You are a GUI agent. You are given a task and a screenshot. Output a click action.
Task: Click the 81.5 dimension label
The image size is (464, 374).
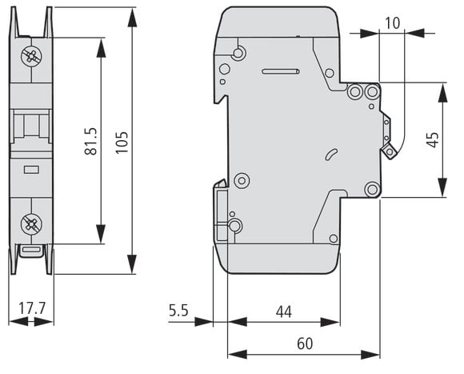coord(91,142)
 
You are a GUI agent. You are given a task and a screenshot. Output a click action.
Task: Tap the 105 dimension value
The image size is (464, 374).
coord(122,143)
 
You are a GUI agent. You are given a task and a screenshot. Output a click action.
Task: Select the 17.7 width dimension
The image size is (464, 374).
coord(32,308)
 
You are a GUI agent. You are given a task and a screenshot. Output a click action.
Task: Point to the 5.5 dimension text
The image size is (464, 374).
coord(178,311)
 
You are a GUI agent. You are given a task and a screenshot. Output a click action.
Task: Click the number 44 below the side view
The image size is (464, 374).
coord(284,312)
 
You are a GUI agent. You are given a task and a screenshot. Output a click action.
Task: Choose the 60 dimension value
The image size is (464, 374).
coord(305,344)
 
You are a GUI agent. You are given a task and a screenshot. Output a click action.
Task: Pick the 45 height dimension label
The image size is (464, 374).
coord(432,140)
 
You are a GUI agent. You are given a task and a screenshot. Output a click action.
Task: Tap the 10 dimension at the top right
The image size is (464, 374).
coord(393,23)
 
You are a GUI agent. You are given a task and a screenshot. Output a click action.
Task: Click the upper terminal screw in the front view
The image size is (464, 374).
coord(31,56)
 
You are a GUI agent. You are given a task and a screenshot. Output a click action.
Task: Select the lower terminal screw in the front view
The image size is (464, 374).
coord(31,224)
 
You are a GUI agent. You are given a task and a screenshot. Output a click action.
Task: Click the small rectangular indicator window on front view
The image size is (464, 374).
coord(31,170)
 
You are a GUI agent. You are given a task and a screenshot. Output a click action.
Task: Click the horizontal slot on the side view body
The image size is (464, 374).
coord(281,71)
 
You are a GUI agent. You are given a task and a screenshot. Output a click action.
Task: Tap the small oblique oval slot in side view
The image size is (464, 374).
coord(331,155)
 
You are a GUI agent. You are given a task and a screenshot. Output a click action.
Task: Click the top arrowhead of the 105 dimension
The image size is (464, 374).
coord(132,18)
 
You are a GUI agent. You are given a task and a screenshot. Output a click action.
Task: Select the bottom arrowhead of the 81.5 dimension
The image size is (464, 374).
coord(101,234)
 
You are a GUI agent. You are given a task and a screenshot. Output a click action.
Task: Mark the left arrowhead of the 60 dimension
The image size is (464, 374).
coord(238,354)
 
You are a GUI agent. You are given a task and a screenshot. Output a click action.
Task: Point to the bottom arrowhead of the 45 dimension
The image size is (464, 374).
coord(442,187)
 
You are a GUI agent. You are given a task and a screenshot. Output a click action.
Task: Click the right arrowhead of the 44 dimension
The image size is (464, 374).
coord(330,322)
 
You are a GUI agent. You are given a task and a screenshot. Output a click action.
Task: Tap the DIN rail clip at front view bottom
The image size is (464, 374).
coord(31,251)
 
